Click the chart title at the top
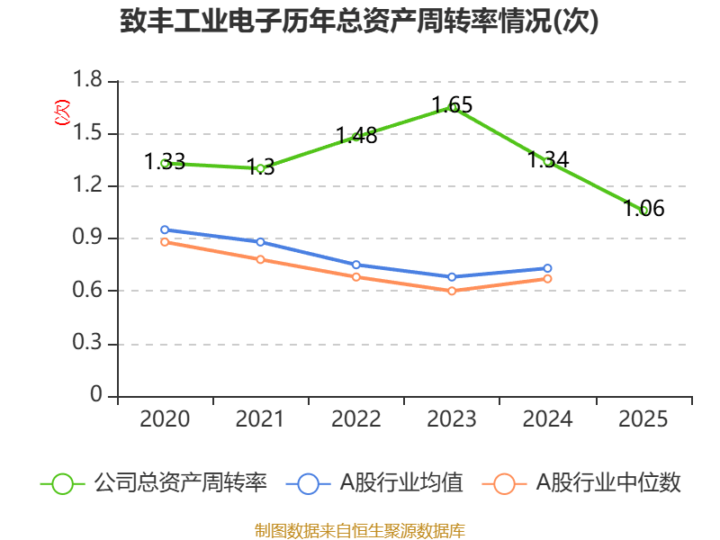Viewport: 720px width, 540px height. click(x=359, y=22)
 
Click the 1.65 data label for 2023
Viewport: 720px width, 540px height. click(x=452, y=104)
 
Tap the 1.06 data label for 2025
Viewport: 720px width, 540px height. click(x=644, y=209)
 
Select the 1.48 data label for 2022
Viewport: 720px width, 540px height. click(x=356, y=136)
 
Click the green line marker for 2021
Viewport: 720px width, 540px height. click(x=260, y=168)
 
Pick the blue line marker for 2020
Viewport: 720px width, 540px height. click(x=165, y=229)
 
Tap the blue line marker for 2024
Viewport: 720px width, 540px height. click(x=547, y=268)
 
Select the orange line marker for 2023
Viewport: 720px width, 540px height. click(x=452, y=291)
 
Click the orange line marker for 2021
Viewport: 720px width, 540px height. click(x=260, y=259)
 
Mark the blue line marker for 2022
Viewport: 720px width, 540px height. click(x=356, y=265)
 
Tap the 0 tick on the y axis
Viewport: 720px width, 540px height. click(x=97, y=396)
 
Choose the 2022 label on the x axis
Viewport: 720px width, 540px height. click(x=356, y=419)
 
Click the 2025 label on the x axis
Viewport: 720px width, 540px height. click(x=643, y=419)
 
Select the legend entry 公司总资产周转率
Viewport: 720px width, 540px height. click(x=154, y=483)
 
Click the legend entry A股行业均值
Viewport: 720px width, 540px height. click(x=375, y=483)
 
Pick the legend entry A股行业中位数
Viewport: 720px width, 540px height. click(x=582, y=483)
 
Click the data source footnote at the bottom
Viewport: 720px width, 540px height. click(x=359, y=530)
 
